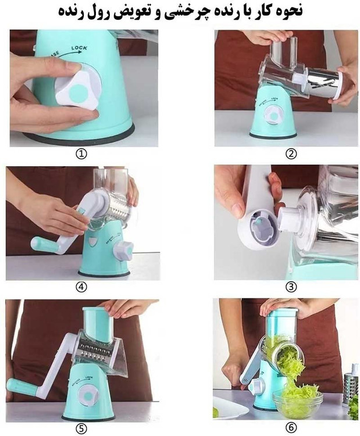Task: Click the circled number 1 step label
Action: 81,153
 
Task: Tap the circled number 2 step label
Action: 291,153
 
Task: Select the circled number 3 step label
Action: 291,287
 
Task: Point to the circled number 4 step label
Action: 81,287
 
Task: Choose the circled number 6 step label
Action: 291,427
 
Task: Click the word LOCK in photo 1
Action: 79,48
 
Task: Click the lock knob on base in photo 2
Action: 274,116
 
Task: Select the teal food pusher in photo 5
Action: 98,324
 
